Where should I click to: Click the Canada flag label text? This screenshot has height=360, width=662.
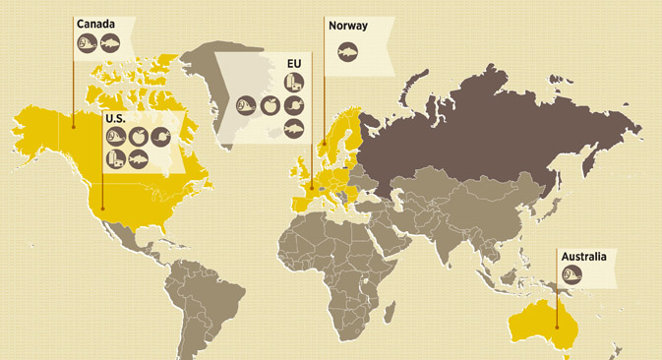coord(95,25)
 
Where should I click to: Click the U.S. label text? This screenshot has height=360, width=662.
coord(114,118)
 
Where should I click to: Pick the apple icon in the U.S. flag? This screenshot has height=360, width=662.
coord(138,136)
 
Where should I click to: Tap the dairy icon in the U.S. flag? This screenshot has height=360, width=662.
coord(116,158)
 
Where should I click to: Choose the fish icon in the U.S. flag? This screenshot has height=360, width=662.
coord(138,158)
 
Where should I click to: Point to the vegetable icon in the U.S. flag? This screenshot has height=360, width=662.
coord(159,136)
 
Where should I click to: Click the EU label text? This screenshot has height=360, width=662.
coord(293,65)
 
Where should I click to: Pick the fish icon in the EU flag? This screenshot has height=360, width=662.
coord(294,128)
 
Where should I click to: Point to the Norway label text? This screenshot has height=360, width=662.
coord(348,27)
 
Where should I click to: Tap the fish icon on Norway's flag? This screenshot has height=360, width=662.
coord(347,53)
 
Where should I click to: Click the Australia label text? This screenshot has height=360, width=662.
coord(583,257)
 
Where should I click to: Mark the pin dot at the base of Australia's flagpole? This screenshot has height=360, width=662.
coord(557,327)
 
